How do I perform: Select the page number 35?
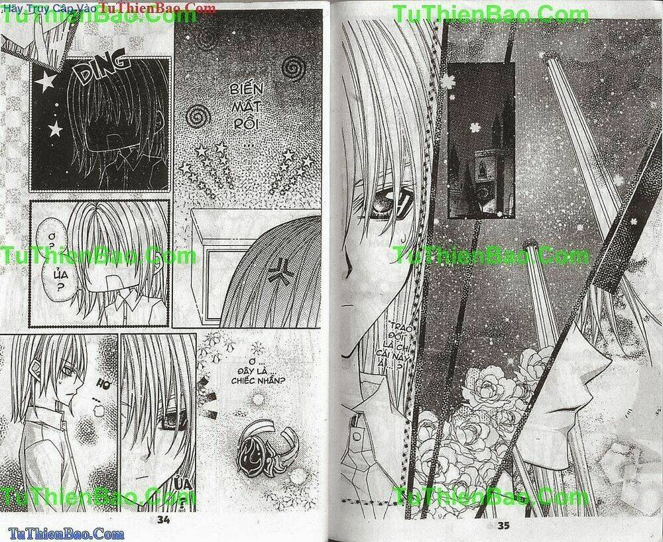click(x=502, y=525)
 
